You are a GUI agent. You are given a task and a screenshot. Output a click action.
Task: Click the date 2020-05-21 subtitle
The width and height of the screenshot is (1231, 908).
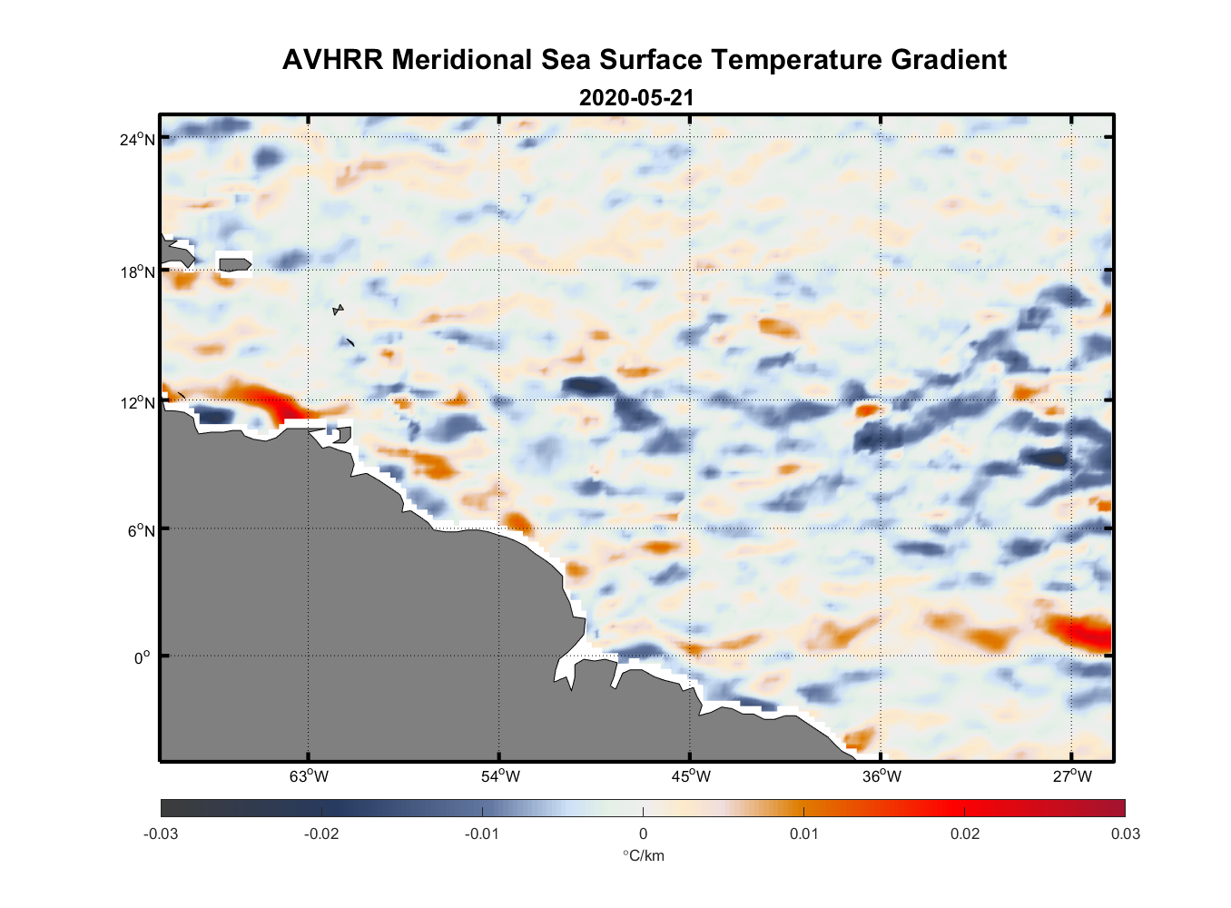click(x=636, y=98)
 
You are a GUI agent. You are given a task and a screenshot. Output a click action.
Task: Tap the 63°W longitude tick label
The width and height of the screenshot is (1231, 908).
click(x=310, y=776)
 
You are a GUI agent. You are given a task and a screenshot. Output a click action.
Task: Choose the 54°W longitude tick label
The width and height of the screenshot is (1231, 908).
click(x=500, y=776)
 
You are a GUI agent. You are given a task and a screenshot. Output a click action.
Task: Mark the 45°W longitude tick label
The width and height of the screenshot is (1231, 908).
click(x=691, y=776)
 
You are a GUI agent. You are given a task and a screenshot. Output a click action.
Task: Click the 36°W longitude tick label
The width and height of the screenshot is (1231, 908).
click(x=881, y=776)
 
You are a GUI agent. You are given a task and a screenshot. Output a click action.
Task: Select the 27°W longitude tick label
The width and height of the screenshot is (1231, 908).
click(x=1072, y=776)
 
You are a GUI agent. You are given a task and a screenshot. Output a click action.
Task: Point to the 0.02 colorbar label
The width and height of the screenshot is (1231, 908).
click(x=964, y=834)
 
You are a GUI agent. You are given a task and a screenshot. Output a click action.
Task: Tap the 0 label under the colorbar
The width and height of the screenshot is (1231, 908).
click(x=643, y=834)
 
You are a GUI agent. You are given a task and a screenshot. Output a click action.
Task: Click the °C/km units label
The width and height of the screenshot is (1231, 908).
click(x=643, y=855)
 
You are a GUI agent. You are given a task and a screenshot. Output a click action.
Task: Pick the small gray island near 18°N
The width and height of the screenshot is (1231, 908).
click(x=235, y=265)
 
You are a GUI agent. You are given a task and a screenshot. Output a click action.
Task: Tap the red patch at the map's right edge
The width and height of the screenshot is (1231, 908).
click(x=1085, y=631)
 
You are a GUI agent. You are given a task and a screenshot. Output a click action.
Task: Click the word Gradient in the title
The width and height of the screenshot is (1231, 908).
click(x=948, y=60)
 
